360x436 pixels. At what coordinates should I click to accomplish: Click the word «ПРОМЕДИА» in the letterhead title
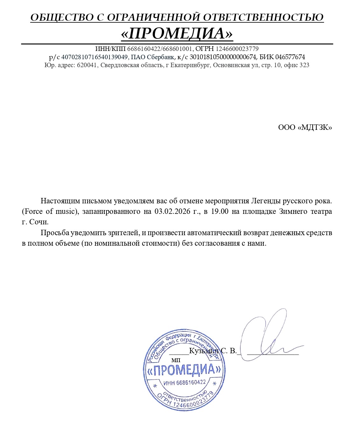(x=177, y=33)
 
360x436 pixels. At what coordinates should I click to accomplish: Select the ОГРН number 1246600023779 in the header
(x=237, y=49)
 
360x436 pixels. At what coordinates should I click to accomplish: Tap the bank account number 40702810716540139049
(x=94, y=57)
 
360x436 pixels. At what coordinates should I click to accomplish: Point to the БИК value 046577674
(x=290, y=57)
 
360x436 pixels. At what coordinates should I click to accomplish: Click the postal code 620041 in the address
(x=87, y=65)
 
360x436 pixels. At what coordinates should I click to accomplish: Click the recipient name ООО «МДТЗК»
(x=305, y=128)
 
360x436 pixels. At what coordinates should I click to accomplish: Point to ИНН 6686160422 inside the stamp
(x=184, y=383)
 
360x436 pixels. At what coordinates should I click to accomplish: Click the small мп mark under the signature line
(x=176, y=360)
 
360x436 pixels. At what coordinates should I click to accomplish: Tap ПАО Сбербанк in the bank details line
(x=152, y=57)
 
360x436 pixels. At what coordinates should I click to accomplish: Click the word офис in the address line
(x=291, y=65)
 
